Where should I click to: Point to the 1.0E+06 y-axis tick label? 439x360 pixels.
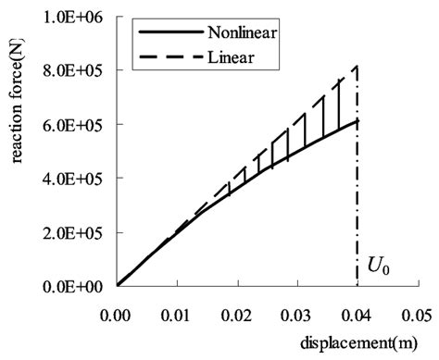tap(79, 17)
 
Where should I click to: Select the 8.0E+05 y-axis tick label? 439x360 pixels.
tap(79, 70)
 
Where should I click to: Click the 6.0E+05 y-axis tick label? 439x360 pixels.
tap(79, 124)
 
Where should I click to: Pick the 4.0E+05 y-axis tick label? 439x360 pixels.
tap(79, 178)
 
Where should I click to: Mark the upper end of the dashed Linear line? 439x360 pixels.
tap(357, 67)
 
